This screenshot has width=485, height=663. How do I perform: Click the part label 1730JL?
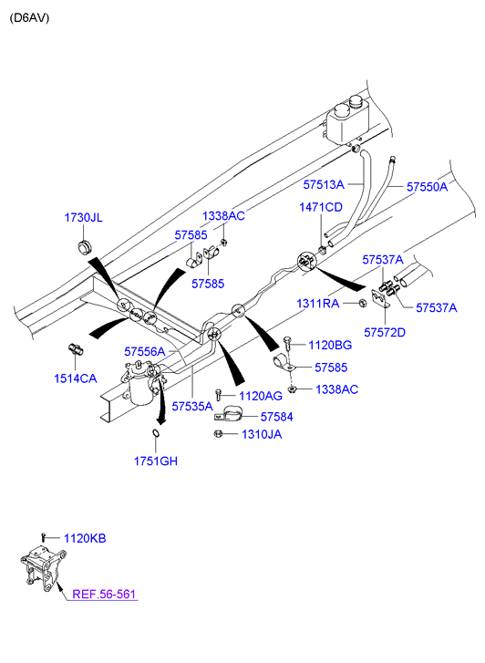pyautogui.click(x=83, y=218)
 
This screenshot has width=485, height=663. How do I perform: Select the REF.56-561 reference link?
pyautogui.click(x=104, y=594)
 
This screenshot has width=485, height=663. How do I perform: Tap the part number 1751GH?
pyautogui.click(x=156, y=461)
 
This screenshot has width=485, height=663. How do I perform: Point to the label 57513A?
pyautogui.click(x=324, y=184)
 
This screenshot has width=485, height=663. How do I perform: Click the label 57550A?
pyautogui.click(x=427, y=186)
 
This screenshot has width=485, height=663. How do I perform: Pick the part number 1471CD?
pyautogui.click(x=321, y=207)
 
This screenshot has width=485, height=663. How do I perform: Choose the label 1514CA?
pyautogui.click(x=76, y=378)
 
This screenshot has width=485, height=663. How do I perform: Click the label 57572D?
pyautogui.click(x=385, y=332)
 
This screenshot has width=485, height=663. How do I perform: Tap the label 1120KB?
pyautogui.click(x=85, y=538)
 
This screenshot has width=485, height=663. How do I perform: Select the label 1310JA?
pyautogui.click(x=262, y=434)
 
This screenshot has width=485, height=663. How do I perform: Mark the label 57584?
pyautogui.click(x=276, y=417)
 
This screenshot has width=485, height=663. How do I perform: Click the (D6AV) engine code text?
pyautogui.click(x=29, y=18)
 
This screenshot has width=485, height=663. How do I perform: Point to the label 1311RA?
pyautogui.click(x=317, y=304)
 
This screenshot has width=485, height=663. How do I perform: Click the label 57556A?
pyautogui.click(x=145, y=351)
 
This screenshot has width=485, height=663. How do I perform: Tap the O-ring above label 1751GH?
pyautogui.click(x=156, y=433)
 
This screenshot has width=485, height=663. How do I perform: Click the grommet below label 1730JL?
pyautogui.click(x=84, y=246)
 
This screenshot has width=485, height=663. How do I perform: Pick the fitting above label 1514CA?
pyautogui.click(x=76, y=349)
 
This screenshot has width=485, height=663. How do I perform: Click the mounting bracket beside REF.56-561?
pyautogui.click(x=42, y=566)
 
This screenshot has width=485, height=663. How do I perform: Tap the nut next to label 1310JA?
pyautogui.click(x=218, y=433)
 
